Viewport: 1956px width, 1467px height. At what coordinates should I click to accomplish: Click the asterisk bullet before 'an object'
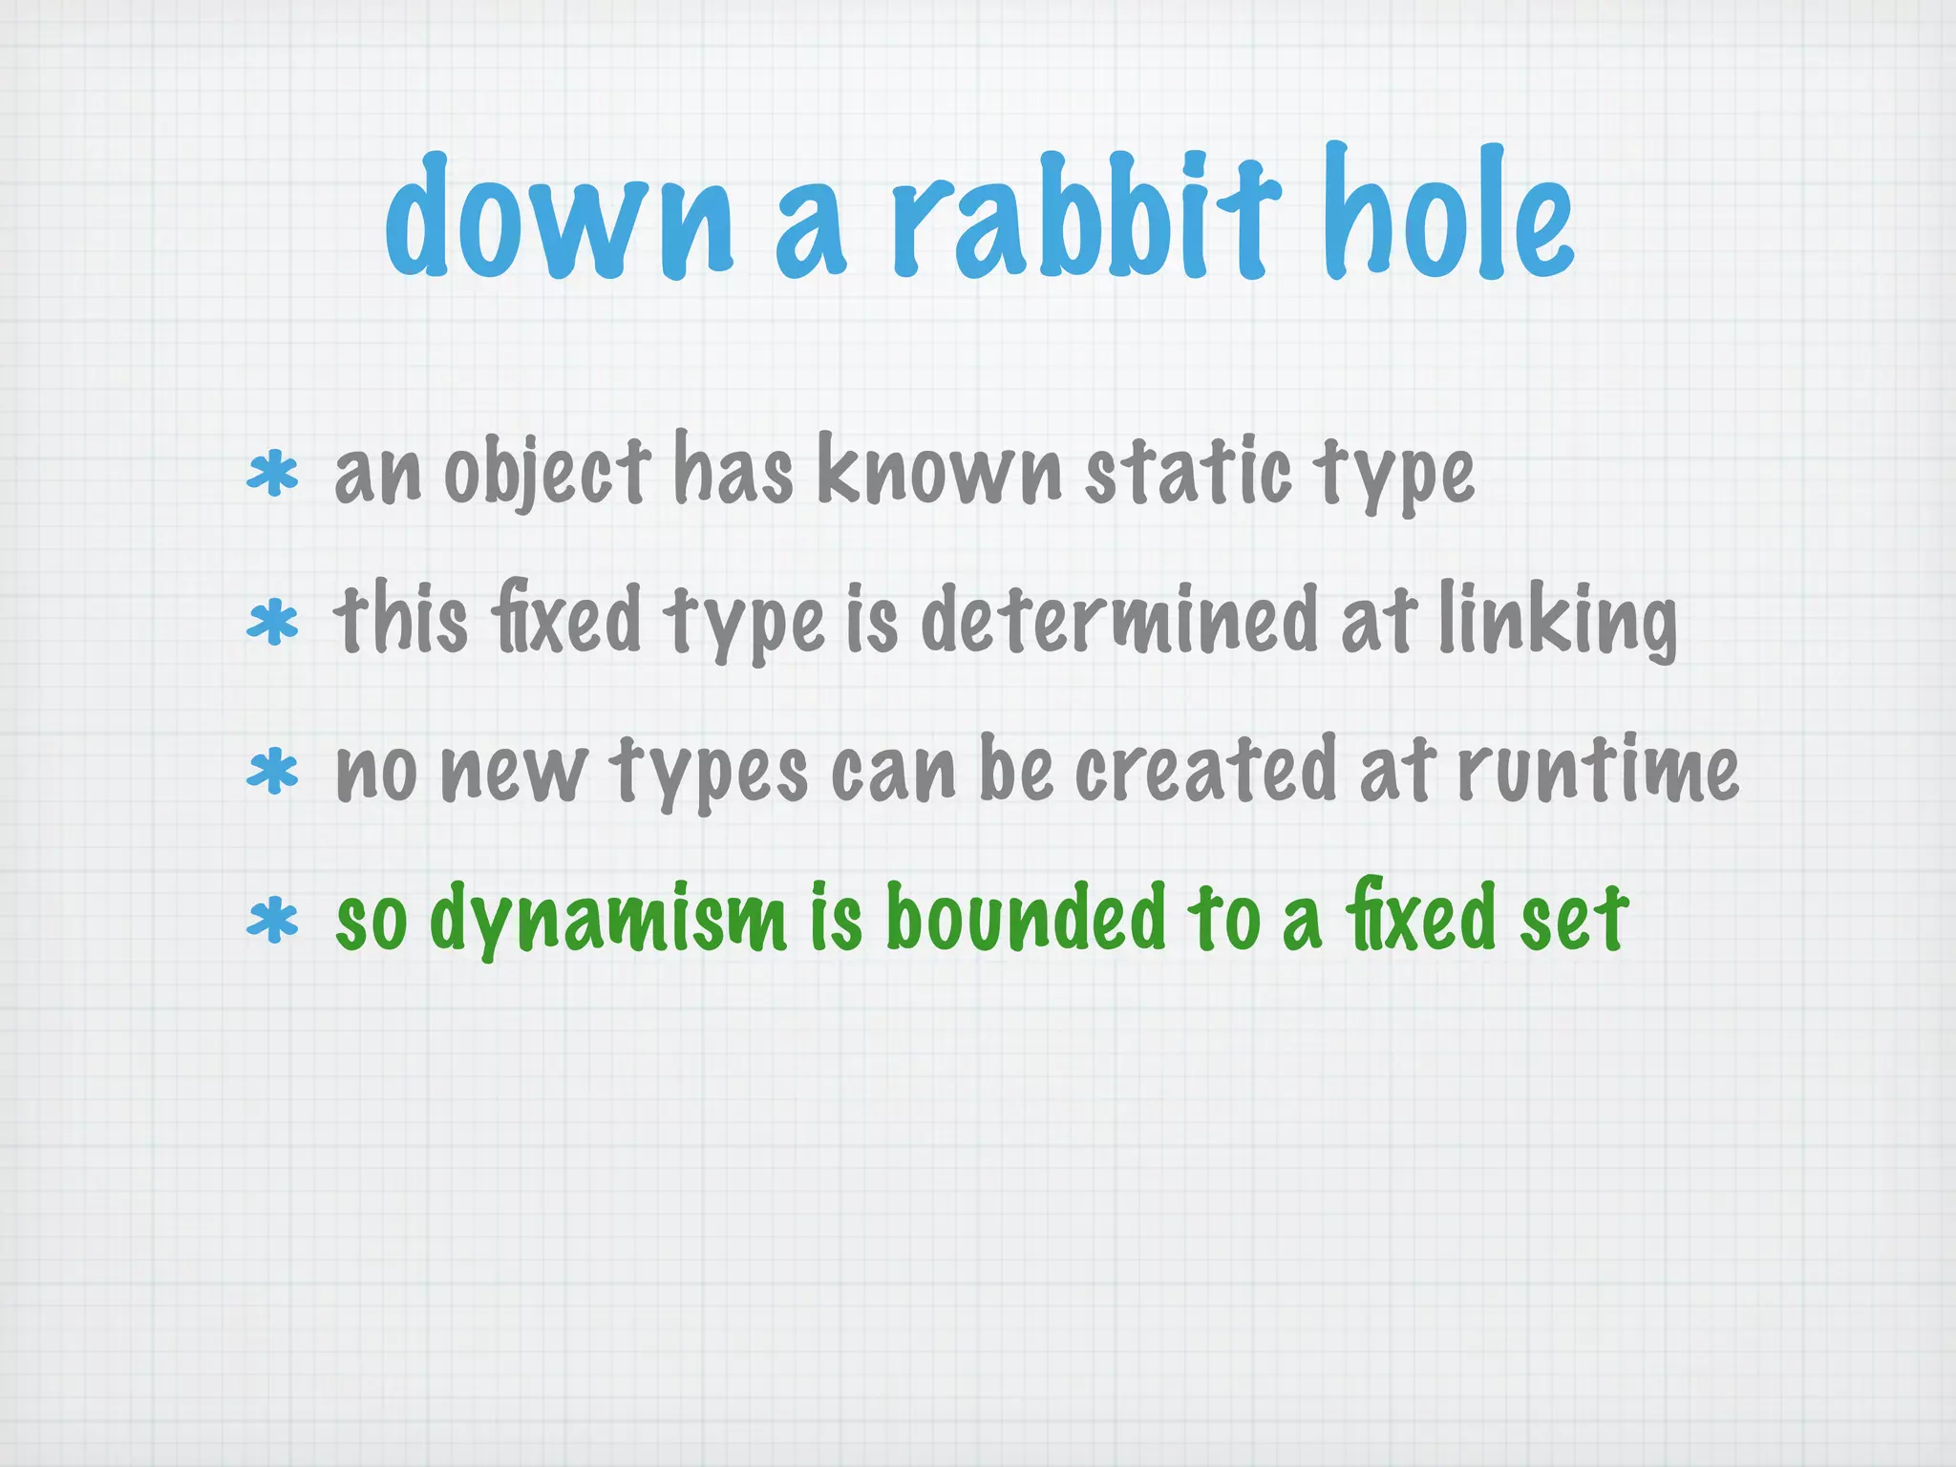coord(273,475)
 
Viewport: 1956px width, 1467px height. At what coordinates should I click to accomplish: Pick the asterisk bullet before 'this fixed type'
coord(273,623)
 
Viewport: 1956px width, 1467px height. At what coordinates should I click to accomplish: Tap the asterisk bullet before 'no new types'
coord(273,772)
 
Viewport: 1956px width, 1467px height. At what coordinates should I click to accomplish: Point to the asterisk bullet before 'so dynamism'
coord(273,921)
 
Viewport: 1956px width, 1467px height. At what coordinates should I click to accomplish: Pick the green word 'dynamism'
coord(608,919)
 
